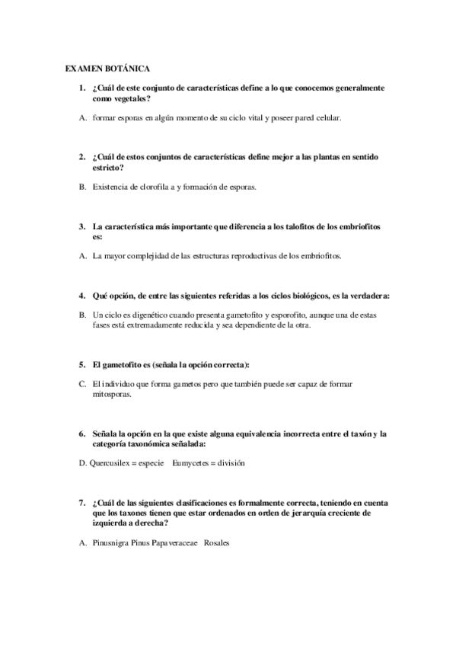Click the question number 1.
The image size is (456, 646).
82,88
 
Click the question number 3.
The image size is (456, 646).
82,226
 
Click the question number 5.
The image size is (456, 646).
82,365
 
